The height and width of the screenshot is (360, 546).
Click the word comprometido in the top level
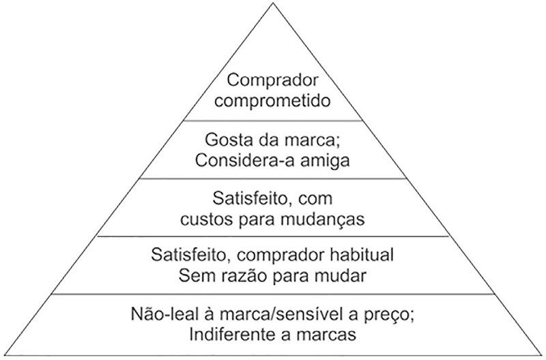(272, 100)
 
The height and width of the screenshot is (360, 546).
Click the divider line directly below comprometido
(272, 120)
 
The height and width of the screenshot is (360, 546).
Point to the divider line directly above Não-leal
(272, 294)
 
